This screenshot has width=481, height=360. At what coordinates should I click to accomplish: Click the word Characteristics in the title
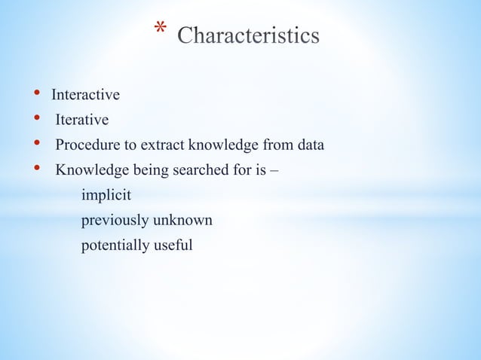pyautogui.click(x=248, y=36)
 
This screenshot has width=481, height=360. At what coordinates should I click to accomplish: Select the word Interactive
pyautogui.click(x=85, y=95)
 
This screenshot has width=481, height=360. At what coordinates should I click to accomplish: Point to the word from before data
pyautogui.click(x=277, y=145)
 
